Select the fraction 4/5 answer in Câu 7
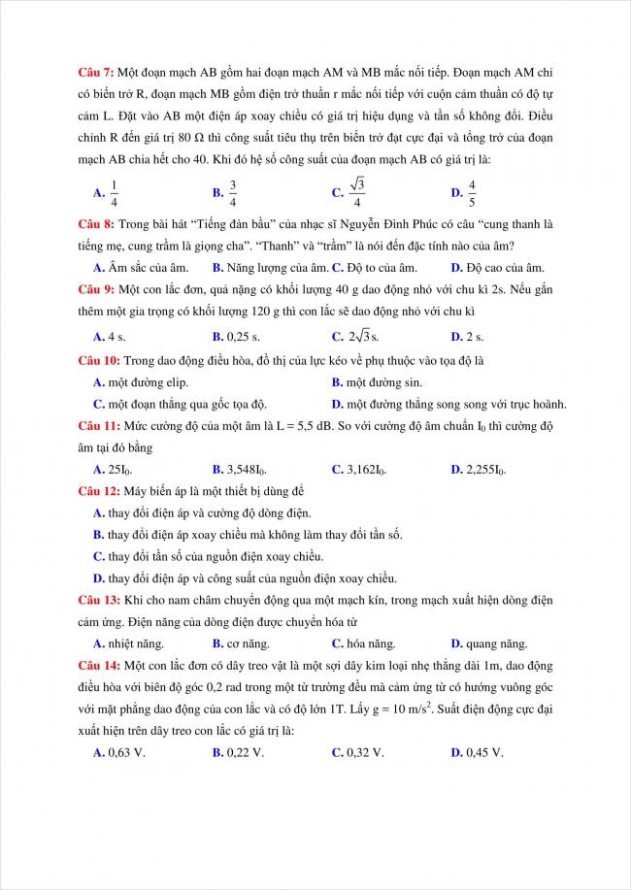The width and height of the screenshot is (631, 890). pos(472,192)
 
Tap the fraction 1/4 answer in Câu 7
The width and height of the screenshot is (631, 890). pos(114,192)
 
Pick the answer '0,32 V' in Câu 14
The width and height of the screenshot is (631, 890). pos(365,752)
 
